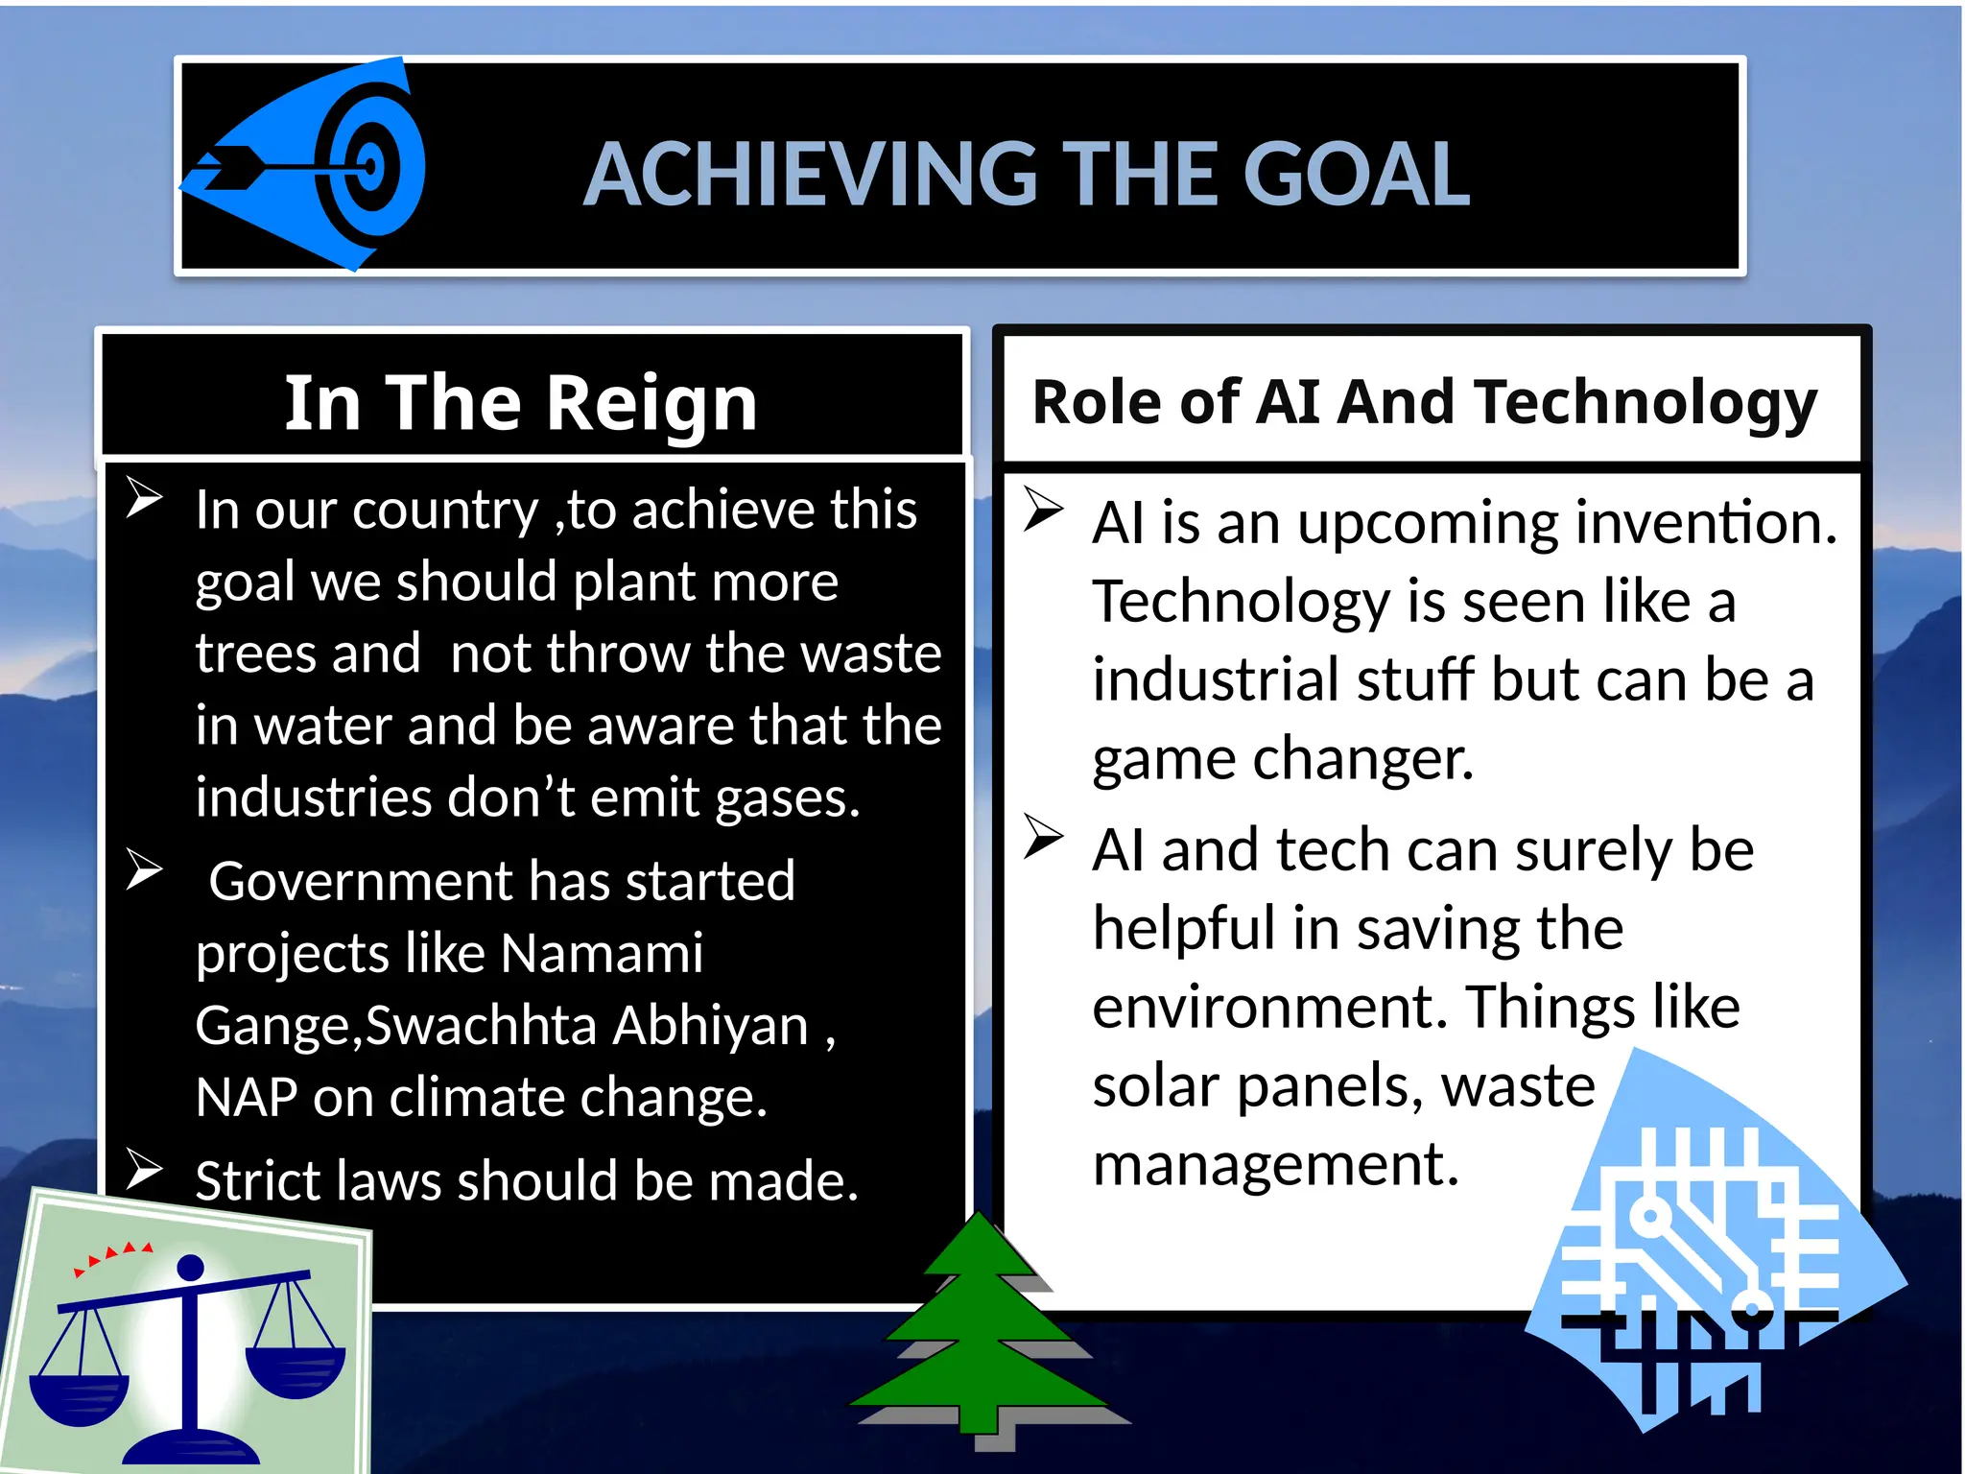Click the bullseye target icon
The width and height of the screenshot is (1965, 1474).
click(370, 165)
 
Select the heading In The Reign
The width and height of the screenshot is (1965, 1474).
click(521, 403)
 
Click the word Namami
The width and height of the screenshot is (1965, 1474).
click(602, 954)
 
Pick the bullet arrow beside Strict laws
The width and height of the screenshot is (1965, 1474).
click(144, 1170)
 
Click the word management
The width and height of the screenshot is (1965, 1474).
click(1275, 1165)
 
